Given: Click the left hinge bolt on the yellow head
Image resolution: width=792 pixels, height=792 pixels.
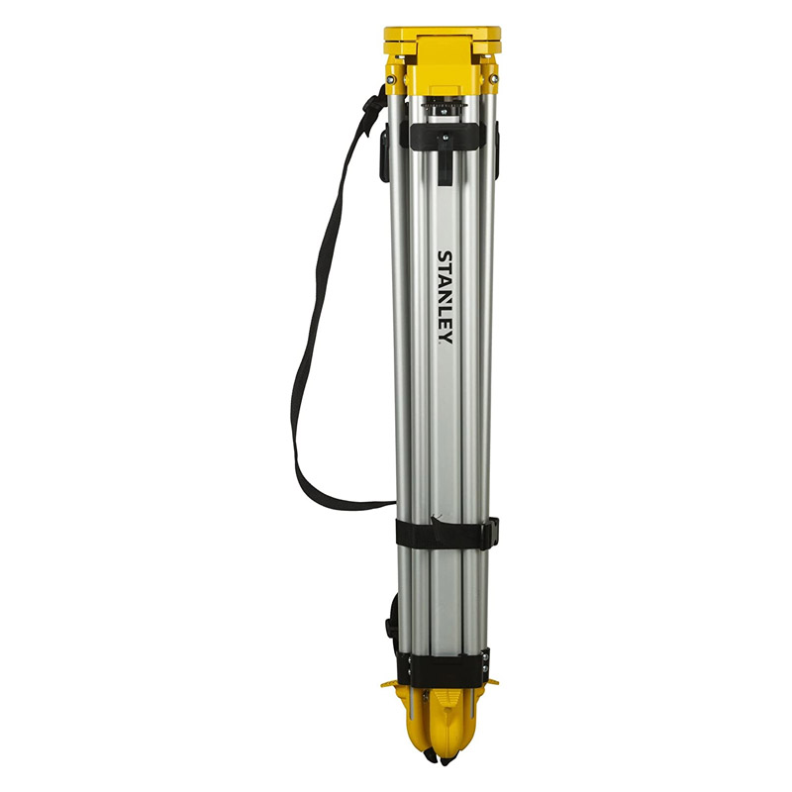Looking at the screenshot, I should point(392,78).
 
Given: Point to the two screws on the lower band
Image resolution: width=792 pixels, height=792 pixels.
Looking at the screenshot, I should point(484,664).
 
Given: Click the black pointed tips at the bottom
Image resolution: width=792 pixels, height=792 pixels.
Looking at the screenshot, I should point(436,762).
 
